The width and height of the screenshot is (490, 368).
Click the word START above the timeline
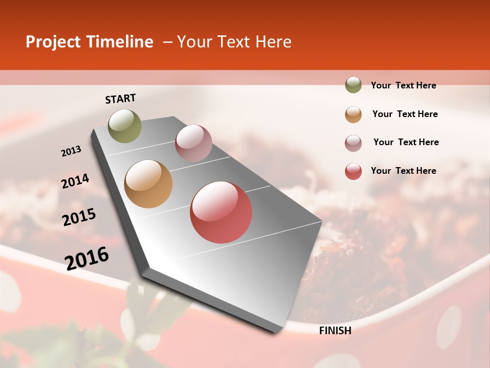click(120, 99)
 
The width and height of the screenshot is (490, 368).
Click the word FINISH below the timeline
click(335, 331)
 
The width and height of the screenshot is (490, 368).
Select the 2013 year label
click(71, 151)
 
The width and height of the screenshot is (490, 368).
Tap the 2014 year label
click(76, 181)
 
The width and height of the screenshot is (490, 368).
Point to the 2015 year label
click(79, 217)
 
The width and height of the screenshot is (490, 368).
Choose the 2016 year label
click(87, 258)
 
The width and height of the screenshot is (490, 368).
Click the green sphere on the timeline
click(125, 126)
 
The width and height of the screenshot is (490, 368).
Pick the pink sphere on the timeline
click(193, 143)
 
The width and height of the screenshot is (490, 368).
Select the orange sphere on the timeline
click(149, 184)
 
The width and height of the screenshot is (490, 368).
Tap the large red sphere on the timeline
click(221, 212)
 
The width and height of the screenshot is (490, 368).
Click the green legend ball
click(353, 85)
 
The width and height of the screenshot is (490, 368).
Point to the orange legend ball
click(353, 114)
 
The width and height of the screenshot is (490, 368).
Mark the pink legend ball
click(353, 143)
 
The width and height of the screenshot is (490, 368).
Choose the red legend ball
click(353, 171)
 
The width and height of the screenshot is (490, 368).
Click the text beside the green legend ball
click(404, 85)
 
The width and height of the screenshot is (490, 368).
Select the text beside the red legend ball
click(404, 171)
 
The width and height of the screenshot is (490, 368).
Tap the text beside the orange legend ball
click(405, 114)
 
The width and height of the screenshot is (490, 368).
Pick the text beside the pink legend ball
click(406, 142)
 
